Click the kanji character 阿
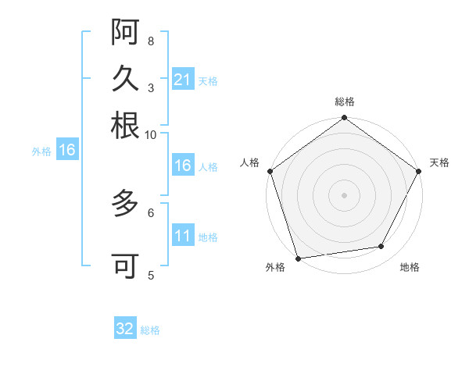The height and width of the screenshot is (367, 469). [x=125, y=33]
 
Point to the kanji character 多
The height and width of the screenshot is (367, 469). [x=125, y=205]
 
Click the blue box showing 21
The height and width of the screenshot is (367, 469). [x=182, y=80]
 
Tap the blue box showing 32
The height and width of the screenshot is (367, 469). [x=125, y=330]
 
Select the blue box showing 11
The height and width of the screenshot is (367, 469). [x=182, y=237]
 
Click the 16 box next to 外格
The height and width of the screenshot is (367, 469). [x=67, y=151]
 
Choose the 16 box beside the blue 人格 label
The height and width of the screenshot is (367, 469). [x=182, y=166]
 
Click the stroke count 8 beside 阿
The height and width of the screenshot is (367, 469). [x=151, y=41]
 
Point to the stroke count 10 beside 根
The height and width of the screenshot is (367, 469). [x=151, y=134]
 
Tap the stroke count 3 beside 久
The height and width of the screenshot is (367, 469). [x=151, y=87]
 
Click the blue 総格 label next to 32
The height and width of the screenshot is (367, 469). [x=150, y=330]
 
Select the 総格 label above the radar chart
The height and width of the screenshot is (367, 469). [x=344, y=102]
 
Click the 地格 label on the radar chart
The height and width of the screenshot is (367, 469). [x=410, y=268]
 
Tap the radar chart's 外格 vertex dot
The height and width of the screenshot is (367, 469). [x=298, y=258]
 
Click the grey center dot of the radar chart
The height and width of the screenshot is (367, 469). [x=344, y=195]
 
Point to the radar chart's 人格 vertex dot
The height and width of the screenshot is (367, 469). [x=270, y=171]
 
